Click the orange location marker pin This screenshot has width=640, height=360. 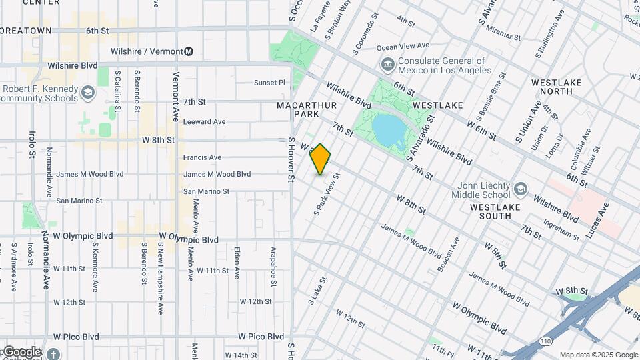pos(321,159)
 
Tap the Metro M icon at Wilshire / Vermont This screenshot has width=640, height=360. pos(189,51)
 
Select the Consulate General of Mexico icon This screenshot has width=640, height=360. pos(387,64)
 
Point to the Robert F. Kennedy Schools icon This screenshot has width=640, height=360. pos(88,93)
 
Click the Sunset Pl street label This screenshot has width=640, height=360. pos(269,83)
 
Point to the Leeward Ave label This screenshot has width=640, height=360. pos(205,121)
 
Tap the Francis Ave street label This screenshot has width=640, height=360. pos(202,157)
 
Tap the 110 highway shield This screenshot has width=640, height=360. pos(546,341)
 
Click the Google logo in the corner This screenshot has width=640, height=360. pos(22,352)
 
